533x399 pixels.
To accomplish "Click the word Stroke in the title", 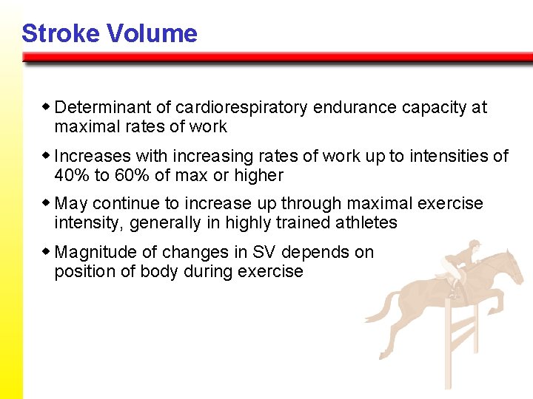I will pyautogui.click(x=60, y=33).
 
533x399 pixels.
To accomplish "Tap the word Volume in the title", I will pyautogui.click(x=151, y=33).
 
